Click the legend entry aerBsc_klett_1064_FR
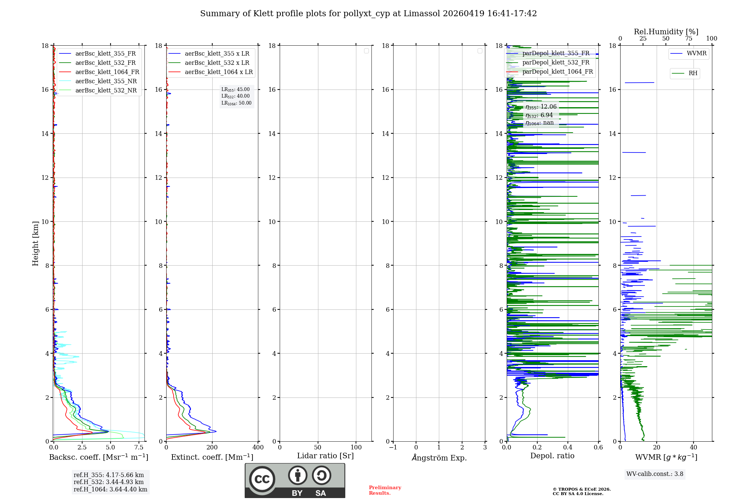coord(107,72)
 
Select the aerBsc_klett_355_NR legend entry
coord(106,81)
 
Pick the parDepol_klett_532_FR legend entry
coord(555,62)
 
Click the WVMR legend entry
coord(696,53)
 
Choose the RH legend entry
coord(692,73)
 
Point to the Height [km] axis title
coord(35,243)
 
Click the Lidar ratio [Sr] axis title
coord(325,456)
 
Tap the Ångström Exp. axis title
coord(439,458)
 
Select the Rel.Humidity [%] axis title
coord(666,32)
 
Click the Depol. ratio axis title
coord(552,456)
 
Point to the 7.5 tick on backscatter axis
coord(139,447)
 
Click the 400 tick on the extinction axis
coord(258,447)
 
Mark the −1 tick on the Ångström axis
coord(393,447)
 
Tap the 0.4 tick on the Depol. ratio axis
coord(568,447)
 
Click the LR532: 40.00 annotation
coord(235,96)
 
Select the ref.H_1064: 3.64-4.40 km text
coord(110,489)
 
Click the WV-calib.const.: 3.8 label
coord(655,474)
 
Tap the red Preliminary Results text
coord(385,490)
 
